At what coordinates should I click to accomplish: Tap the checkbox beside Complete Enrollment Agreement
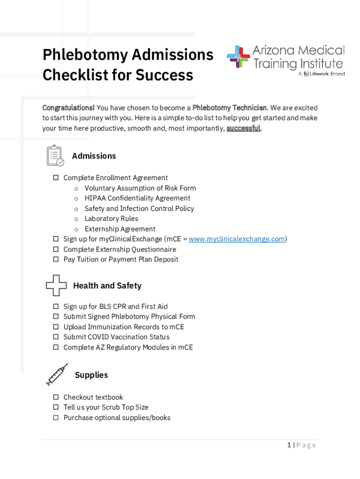(x=56, y=178)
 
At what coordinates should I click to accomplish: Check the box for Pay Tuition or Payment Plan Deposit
(x=56, y=259)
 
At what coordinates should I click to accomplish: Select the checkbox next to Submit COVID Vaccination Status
(x=56, y=337)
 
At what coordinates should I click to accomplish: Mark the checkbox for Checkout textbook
(x=56, y=397)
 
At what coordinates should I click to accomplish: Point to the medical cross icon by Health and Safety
(x=56, y=285)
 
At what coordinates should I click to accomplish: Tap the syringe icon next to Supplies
(x=57, y=374)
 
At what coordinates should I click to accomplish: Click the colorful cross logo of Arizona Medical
(x=238, y=57)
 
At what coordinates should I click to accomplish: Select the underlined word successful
(x=243, y=128)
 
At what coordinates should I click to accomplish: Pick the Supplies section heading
(x=91, y=375)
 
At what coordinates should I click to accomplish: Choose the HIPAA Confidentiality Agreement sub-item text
(x=137, y=198)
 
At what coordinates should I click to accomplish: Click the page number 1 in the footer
(x=289, y=445)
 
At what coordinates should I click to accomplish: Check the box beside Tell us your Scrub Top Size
(x=56, y=407)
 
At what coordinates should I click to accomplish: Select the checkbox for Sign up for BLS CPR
(x=56, y=306)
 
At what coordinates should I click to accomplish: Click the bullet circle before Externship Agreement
(x=76, y=229)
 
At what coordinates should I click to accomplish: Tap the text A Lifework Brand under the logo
(x=322, y=74)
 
